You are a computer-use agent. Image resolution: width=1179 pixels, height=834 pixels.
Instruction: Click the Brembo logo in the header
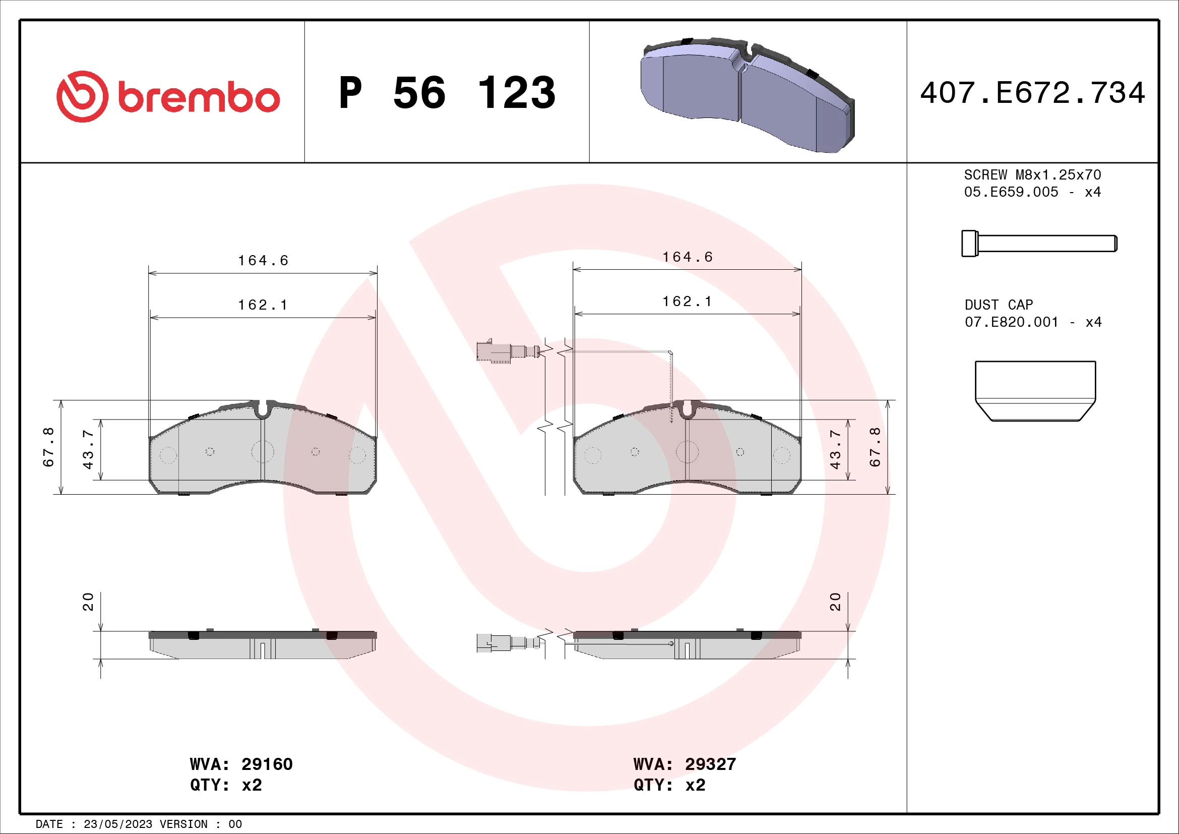(x=168, y=96)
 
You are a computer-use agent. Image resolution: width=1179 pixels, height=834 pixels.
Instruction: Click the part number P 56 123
(x=447, y=93)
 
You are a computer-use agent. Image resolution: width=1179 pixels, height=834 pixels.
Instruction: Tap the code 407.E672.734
(x=1032, y=93)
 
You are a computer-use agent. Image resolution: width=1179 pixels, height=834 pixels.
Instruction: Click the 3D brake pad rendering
(x=747, y=95)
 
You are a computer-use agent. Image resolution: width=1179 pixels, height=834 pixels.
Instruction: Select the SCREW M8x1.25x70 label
(x=1032, y=175)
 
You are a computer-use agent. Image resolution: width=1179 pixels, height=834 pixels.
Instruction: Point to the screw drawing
(x=1039, y=243)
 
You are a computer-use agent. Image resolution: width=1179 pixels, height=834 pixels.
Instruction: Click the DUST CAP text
(x=998, y=305)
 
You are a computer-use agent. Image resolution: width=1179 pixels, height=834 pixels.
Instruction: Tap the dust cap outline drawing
(x=1035, y=391)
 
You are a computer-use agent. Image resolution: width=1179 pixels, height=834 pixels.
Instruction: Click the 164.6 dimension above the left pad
(x=263, y=261)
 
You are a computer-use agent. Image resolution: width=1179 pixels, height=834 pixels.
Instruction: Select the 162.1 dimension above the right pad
(x=687, y=302)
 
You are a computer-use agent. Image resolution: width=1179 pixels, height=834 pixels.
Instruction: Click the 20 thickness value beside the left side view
(x=88, y=602)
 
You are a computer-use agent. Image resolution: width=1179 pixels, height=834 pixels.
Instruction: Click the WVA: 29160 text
(x=241, y=764)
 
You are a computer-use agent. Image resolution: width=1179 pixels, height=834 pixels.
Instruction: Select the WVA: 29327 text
(x=685, y=764)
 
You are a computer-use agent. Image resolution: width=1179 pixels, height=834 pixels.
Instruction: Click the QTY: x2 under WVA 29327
(x=669, y=785)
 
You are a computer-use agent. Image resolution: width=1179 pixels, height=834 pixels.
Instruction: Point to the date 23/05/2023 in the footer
(x=117, y=824)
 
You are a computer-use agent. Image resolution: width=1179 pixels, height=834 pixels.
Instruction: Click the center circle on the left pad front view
(x=263, y=452)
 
